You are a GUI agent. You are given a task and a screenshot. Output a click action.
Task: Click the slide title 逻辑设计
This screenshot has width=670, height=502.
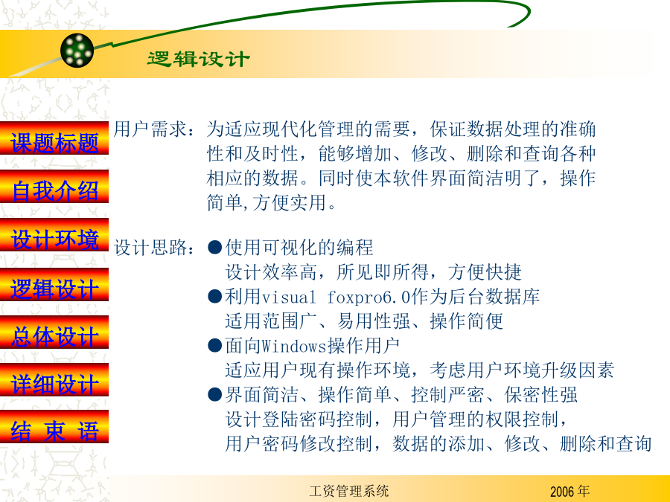[198, 59]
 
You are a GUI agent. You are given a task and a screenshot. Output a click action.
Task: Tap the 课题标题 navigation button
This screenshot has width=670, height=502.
[54, 138]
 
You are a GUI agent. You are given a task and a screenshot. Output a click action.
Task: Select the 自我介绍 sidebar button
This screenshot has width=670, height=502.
[54, 187]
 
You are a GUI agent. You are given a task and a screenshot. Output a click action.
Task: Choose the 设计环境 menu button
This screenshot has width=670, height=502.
[54, 235]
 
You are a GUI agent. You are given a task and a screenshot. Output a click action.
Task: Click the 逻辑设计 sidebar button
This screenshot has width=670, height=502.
[54, 285]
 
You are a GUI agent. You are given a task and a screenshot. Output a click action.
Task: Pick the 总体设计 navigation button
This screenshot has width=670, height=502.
[54, 332]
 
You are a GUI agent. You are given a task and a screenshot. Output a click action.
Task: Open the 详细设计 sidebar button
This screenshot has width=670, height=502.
[54, 380]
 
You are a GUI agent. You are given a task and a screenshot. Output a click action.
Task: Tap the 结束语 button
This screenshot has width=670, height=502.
[54, 428]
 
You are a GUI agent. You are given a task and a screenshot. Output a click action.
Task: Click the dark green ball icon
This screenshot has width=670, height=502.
[77, 51]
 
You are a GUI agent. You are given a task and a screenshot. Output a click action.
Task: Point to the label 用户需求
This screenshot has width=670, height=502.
[150, 129]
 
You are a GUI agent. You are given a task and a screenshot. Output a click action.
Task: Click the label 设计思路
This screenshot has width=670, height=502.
[150, 248]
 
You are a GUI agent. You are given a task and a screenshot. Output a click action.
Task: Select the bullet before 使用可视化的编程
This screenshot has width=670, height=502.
[214, 247]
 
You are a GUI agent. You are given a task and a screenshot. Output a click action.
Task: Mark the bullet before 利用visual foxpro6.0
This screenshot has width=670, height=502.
[214, 296]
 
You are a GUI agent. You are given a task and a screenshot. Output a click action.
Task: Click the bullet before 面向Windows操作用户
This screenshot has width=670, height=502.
[214, 345]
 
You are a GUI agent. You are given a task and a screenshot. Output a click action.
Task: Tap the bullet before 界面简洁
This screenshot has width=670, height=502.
[214, 394]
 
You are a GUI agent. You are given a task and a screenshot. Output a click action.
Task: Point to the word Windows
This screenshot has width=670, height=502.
[294, 346]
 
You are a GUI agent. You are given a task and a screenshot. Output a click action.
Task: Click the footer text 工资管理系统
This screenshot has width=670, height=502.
[348, 491]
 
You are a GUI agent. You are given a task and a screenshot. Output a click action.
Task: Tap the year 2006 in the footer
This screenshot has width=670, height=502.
[562, 492]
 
